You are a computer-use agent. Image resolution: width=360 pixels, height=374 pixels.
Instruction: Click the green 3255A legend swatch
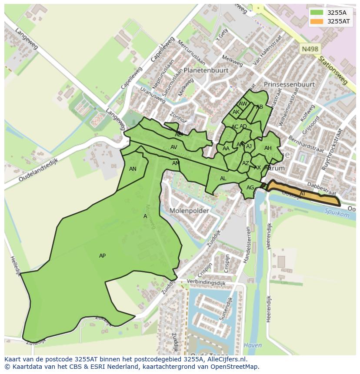[317, 13]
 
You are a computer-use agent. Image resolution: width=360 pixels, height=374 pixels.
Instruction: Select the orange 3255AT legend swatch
[317, 21]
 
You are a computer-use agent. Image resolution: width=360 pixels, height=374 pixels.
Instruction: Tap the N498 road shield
[310, 50]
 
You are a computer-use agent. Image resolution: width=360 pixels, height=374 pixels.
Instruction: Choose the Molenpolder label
[189, 211]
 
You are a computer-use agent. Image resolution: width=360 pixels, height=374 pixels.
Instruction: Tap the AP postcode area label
[102, 256]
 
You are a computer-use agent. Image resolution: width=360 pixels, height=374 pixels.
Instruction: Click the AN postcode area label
[133, 169]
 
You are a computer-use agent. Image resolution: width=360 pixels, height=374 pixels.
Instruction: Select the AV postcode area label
[173, 147]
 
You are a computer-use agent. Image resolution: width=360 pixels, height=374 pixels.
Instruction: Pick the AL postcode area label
[223, 179]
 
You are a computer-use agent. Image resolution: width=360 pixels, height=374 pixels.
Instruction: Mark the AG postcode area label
[250, 188]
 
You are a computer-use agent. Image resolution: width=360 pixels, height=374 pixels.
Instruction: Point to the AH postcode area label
[268, 149]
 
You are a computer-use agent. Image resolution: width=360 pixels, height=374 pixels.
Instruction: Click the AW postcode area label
[243, 104]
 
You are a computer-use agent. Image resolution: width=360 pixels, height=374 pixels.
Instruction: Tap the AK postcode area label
[236, 112]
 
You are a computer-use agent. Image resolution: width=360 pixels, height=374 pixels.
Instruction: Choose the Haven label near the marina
[253, 346]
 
